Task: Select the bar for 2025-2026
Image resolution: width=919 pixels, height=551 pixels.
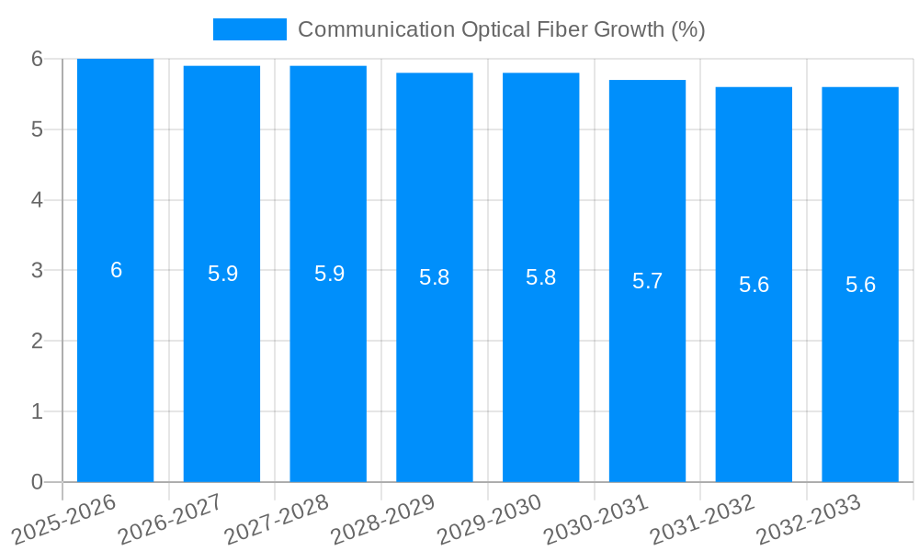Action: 115,367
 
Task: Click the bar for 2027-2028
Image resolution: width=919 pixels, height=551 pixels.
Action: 328,367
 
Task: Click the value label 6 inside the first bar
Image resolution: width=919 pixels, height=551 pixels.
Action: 116,270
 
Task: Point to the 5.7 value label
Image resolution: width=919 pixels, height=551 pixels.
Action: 647,281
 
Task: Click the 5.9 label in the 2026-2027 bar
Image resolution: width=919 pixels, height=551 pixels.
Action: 222,274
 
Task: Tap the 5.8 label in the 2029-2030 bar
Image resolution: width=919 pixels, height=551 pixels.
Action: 540,277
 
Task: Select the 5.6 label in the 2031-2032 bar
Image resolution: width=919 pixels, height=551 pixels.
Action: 754,285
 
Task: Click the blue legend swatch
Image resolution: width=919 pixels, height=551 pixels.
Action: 249,29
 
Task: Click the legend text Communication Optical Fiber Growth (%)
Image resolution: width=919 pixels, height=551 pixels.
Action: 501,29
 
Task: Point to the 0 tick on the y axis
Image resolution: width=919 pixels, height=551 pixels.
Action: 37,482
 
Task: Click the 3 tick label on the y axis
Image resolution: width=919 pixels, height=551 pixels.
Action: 37,271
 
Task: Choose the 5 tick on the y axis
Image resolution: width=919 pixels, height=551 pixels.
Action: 37,129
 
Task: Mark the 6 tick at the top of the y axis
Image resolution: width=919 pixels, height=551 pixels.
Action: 37,59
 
